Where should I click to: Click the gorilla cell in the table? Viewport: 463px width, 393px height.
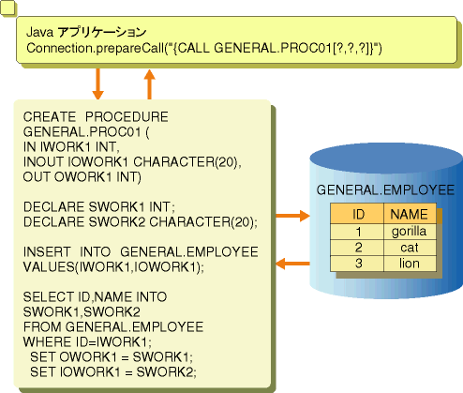(410, 232)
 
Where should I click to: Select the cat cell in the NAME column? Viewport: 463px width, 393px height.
(410, 248)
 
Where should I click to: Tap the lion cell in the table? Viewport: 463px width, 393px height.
(410, 264)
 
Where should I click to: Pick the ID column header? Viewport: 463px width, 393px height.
(357, 214)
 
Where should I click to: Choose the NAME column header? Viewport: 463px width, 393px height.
(410, 214)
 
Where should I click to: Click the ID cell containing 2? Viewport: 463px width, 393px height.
(357, 248)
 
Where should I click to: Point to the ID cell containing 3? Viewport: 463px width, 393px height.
(357, 264)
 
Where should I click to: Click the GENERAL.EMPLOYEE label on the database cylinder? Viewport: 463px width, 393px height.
(385, 190)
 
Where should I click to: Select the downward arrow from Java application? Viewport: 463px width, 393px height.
(98, 83)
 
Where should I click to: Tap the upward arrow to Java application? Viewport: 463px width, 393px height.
(149, 84)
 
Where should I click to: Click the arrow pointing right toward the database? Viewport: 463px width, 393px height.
(292, 216)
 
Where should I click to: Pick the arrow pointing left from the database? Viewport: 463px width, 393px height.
(292, 264)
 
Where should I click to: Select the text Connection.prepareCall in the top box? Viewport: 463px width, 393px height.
(96, 49)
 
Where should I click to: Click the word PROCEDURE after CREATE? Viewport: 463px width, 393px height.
(127, 117)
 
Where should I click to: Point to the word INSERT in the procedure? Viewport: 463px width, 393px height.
(47, 252)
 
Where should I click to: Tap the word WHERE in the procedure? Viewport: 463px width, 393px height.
(48, 341)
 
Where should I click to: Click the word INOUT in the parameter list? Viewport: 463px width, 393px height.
(43, 162)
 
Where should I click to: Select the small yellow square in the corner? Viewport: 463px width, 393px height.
(7, 8)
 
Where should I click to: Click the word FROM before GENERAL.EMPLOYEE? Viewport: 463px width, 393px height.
(42, 327)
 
